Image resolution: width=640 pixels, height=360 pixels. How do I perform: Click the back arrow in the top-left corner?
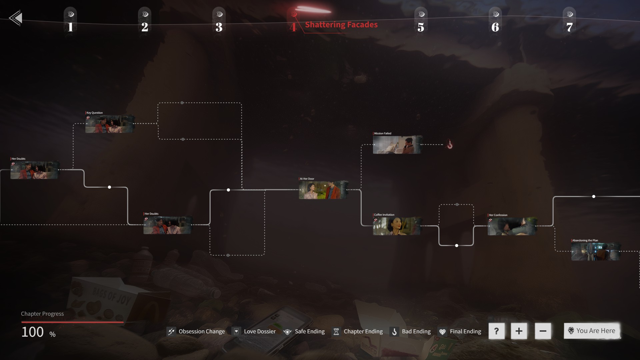(16, 18)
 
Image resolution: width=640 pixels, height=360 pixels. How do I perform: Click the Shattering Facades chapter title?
(341, 25)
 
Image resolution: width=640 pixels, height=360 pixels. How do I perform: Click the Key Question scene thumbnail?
(110, 124)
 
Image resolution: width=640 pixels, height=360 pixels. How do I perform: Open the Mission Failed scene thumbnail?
(397, 145)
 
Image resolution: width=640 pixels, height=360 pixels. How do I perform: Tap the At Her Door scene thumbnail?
(323, 190)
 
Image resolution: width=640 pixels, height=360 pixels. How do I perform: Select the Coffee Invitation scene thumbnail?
(397, 226)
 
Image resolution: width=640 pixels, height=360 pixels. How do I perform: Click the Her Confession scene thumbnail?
(512, 226)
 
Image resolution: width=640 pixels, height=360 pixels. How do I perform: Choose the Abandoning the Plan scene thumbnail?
(595, 251)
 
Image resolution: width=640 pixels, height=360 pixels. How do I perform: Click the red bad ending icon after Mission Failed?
(450, 145)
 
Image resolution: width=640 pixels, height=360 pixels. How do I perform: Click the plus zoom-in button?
(519, 331)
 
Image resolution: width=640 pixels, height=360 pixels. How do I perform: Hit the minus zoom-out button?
(543, 331)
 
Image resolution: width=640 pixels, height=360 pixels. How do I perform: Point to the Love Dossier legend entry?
(255, 331)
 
